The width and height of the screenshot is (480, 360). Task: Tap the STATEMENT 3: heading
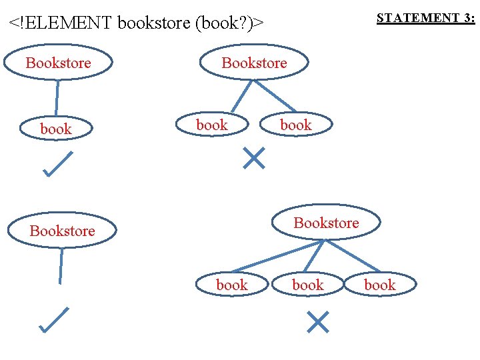pyautogui.click(x=425, y=18)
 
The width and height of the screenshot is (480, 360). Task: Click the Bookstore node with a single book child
pyautogui.click(x=58, y=63)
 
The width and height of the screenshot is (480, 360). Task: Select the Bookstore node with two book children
pyautogui.click(x=254, y=63)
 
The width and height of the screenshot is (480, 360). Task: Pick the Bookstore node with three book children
pyautogui.click(x=326, y=223)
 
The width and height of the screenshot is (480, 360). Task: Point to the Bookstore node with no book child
pyautogui.click(x=62, y=231)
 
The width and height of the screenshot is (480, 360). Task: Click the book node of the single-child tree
pyautogui.click(x=56, y=129)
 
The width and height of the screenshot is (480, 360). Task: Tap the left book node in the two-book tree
pyautogui.click(x=212, y=125)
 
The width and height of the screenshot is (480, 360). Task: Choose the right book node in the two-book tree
pyautogui.click(x=296, y=125)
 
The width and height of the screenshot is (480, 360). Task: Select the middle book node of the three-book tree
pyautogui.click(x=308, y=285)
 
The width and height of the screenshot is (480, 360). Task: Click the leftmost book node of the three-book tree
pyautogui.click(x=232, y=285)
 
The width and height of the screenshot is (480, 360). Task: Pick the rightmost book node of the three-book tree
pyautogui.click(x=380, y=285)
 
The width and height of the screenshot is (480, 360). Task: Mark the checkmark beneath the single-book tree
pyautogui.click(x=57, y=164)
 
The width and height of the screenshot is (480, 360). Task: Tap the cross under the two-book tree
pyautogui.click(x=254, y=158)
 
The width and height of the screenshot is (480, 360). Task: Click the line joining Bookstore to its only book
pyautogui.click(x=57, y=97)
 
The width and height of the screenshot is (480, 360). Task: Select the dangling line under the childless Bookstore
pyautogui.click(x=61, y=265)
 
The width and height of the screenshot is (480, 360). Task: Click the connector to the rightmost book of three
pyautogui.click(x=353, y=256)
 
